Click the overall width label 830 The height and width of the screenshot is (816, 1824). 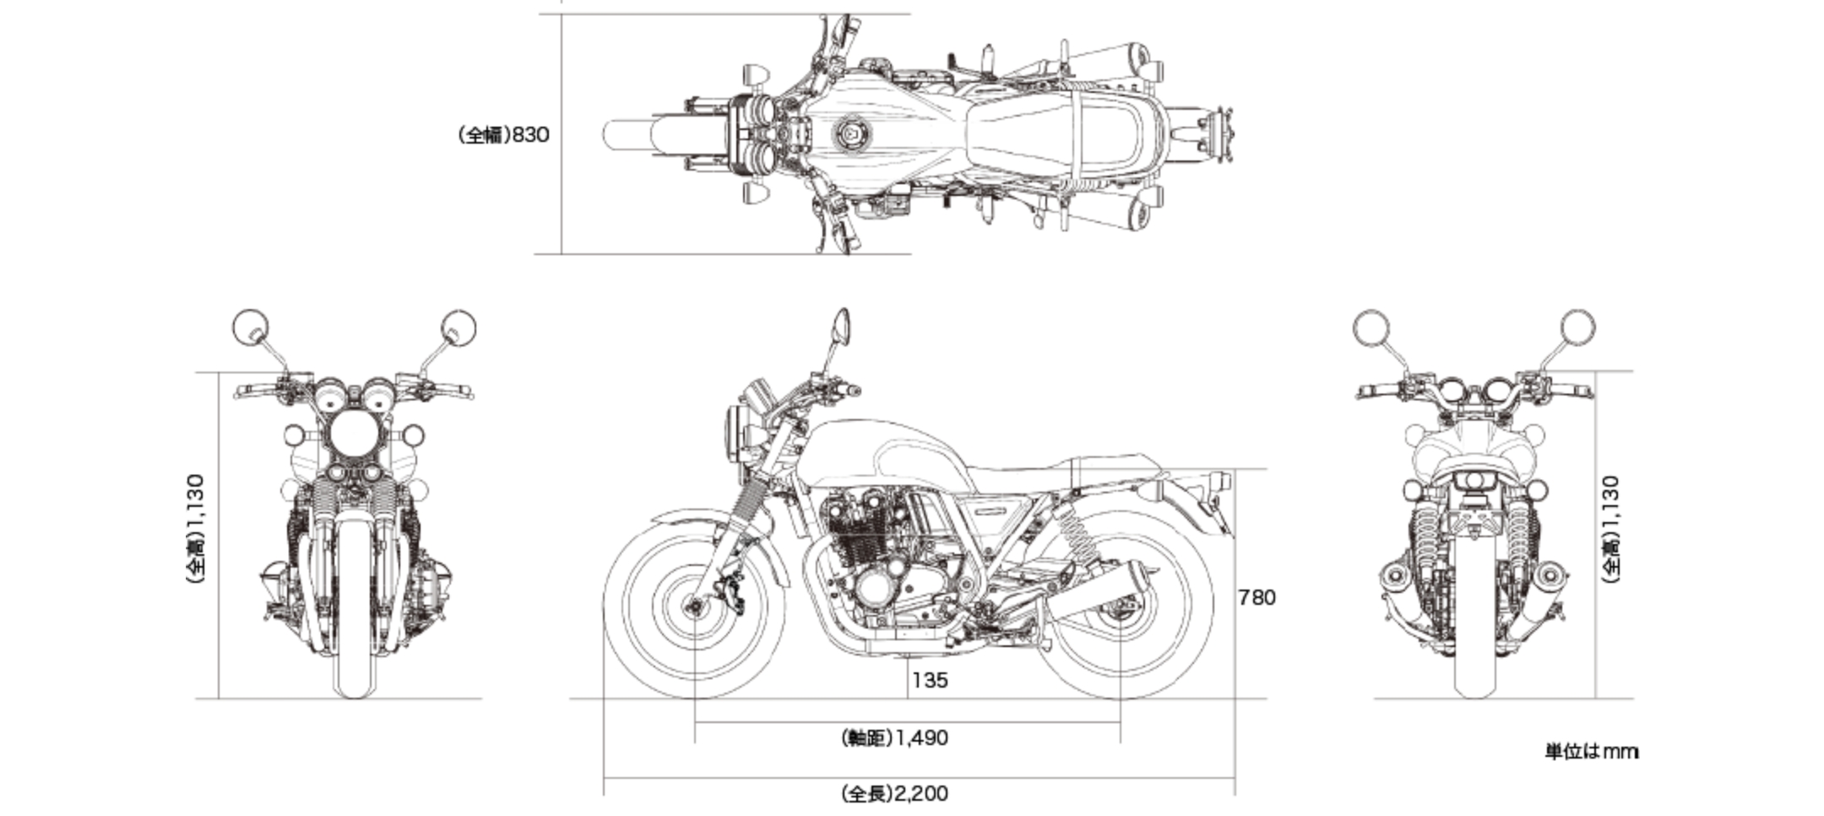pos(505,134)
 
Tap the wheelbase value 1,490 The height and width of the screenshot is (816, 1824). pos(896,737)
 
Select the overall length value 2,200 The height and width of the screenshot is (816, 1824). pos(896,793)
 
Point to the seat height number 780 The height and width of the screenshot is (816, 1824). pos(1257,597)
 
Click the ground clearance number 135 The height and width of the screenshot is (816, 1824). pos(930,680)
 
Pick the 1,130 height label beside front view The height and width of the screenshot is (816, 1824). pos(195,528)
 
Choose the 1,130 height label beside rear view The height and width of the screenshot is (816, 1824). pos(1610,528)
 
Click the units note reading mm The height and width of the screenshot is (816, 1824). pos(1592,751)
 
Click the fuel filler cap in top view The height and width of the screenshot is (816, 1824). pos(848,134)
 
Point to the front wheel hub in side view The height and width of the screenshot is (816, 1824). pos(695,605)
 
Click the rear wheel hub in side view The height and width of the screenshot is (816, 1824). pos(1121,605)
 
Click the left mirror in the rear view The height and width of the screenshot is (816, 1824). pos(1370,328)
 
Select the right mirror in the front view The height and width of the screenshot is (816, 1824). pos(459,328)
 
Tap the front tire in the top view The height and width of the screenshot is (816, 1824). pos(629,134)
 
